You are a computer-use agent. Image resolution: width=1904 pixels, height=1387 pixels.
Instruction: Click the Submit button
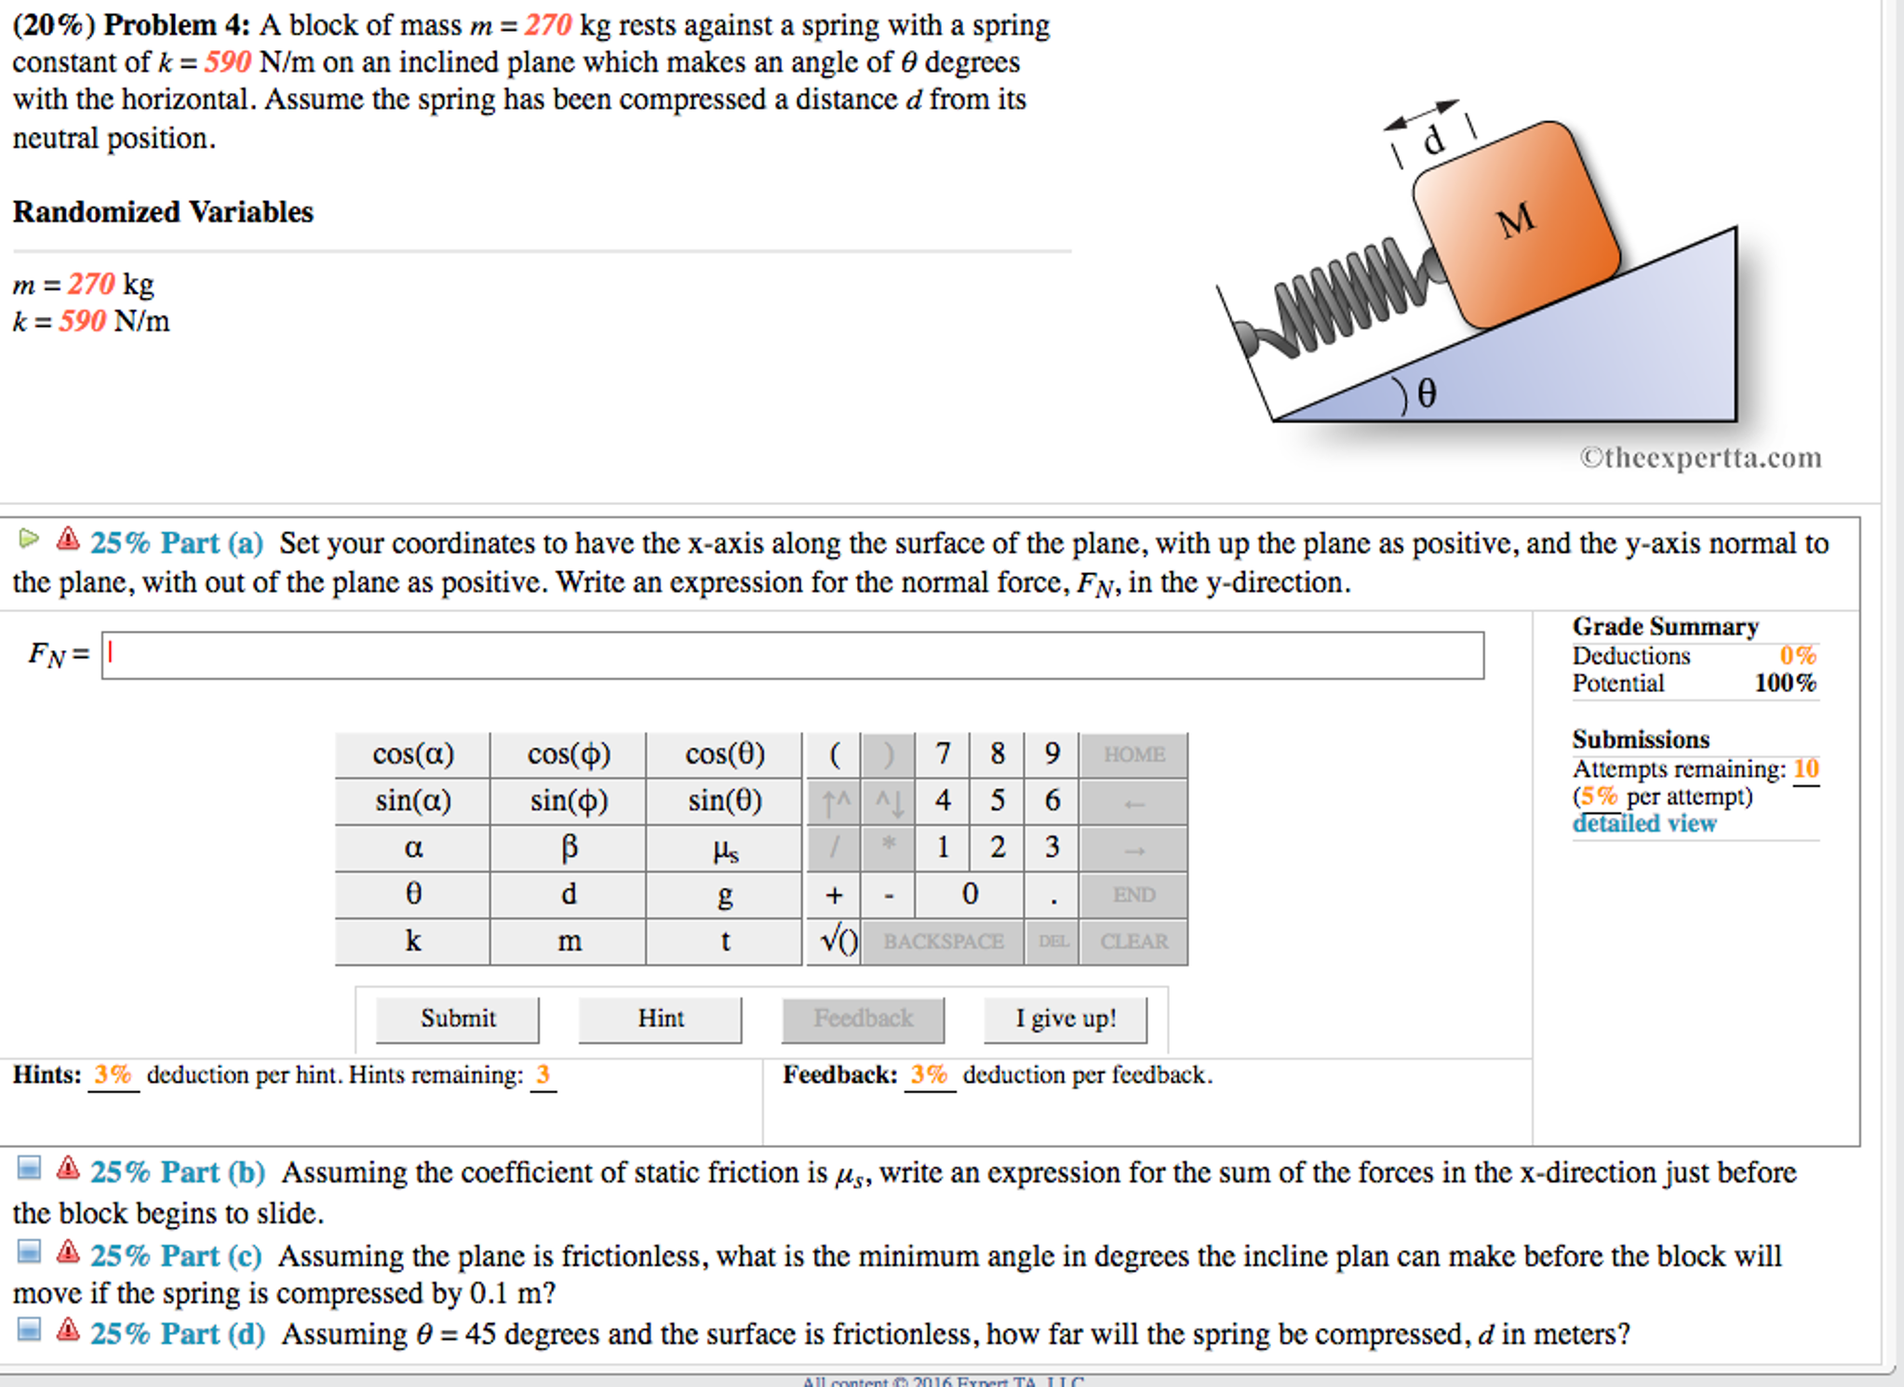tap(457, 1019)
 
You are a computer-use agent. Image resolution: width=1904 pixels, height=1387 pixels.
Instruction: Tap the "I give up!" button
tap(1065, 1019)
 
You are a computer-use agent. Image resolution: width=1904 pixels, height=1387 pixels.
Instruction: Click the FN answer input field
tap(792, 656)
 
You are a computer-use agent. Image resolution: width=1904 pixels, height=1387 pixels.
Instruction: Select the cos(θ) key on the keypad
tap(724, 754)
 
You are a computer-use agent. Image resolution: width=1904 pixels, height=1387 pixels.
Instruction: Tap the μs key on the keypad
tap(724, 848)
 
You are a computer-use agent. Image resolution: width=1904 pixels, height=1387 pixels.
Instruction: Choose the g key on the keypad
tap(724, 895)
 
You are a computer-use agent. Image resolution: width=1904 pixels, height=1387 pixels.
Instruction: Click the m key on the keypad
tap(569, 941)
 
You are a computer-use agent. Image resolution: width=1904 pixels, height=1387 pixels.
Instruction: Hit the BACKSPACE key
tap(943, 941)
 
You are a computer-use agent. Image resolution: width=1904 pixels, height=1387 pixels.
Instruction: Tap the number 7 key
tap(943, 754)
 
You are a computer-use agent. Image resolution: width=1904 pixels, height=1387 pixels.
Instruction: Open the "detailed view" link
tap(1643, 823)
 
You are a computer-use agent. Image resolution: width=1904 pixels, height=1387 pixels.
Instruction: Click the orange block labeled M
tap(1516, 223)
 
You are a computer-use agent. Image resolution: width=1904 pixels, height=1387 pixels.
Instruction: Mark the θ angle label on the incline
tap(1427, 393)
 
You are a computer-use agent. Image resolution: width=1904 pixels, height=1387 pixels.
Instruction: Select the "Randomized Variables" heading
tap(163, 212)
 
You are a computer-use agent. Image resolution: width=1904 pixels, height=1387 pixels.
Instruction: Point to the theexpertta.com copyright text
tap(1700, 458)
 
